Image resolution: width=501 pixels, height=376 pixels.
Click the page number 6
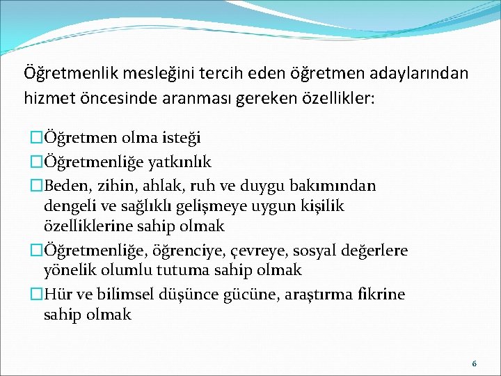[474, 363]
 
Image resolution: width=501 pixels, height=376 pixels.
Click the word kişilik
[321, 206]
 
